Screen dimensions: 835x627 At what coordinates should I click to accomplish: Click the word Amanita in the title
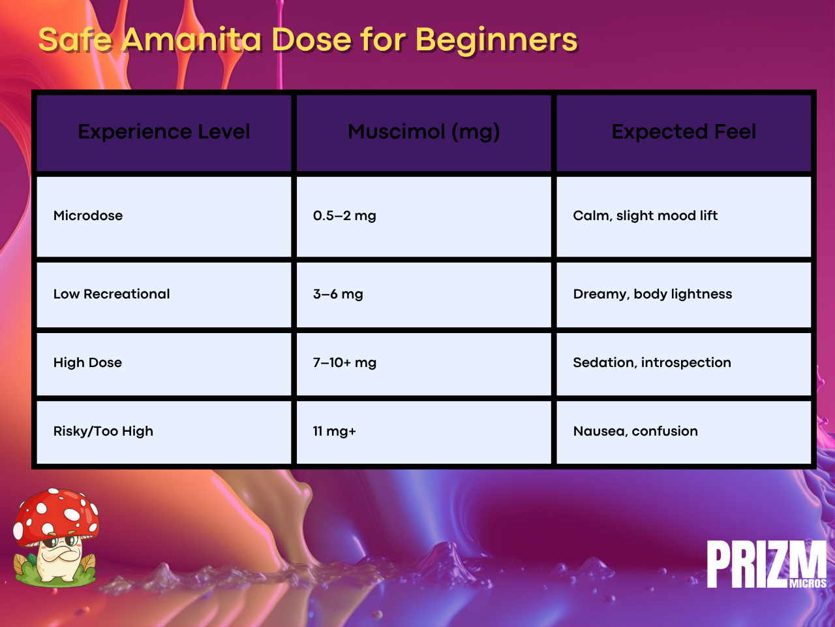[192, 39]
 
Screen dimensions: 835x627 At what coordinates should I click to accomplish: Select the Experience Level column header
[164, 132]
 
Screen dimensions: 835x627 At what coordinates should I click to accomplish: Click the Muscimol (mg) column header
[424, 132]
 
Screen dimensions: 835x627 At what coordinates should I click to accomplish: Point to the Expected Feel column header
[684, 132]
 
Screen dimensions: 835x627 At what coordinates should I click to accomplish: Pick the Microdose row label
[88, 216]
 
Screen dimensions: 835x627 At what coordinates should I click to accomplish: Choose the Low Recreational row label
[112, 294]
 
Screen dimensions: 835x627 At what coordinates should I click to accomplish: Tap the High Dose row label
[87, 362]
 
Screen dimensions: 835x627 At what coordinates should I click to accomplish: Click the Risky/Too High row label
[103, 431]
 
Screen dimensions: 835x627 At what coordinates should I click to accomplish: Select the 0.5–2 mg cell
[344, 216]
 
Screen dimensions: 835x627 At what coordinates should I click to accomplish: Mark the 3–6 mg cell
[338, 295]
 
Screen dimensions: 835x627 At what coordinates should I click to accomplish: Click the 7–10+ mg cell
[344, 362]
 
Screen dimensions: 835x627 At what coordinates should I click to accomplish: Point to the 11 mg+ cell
[334, 432]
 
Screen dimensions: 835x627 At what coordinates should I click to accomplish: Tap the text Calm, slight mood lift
[645, 216]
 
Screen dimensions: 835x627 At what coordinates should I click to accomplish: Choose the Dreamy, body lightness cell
[652, 295]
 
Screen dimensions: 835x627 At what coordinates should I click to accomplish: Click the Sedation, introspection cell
[652, 362]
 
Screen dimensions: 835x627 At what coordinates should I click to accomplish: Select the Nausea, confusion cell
[635, 431]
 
